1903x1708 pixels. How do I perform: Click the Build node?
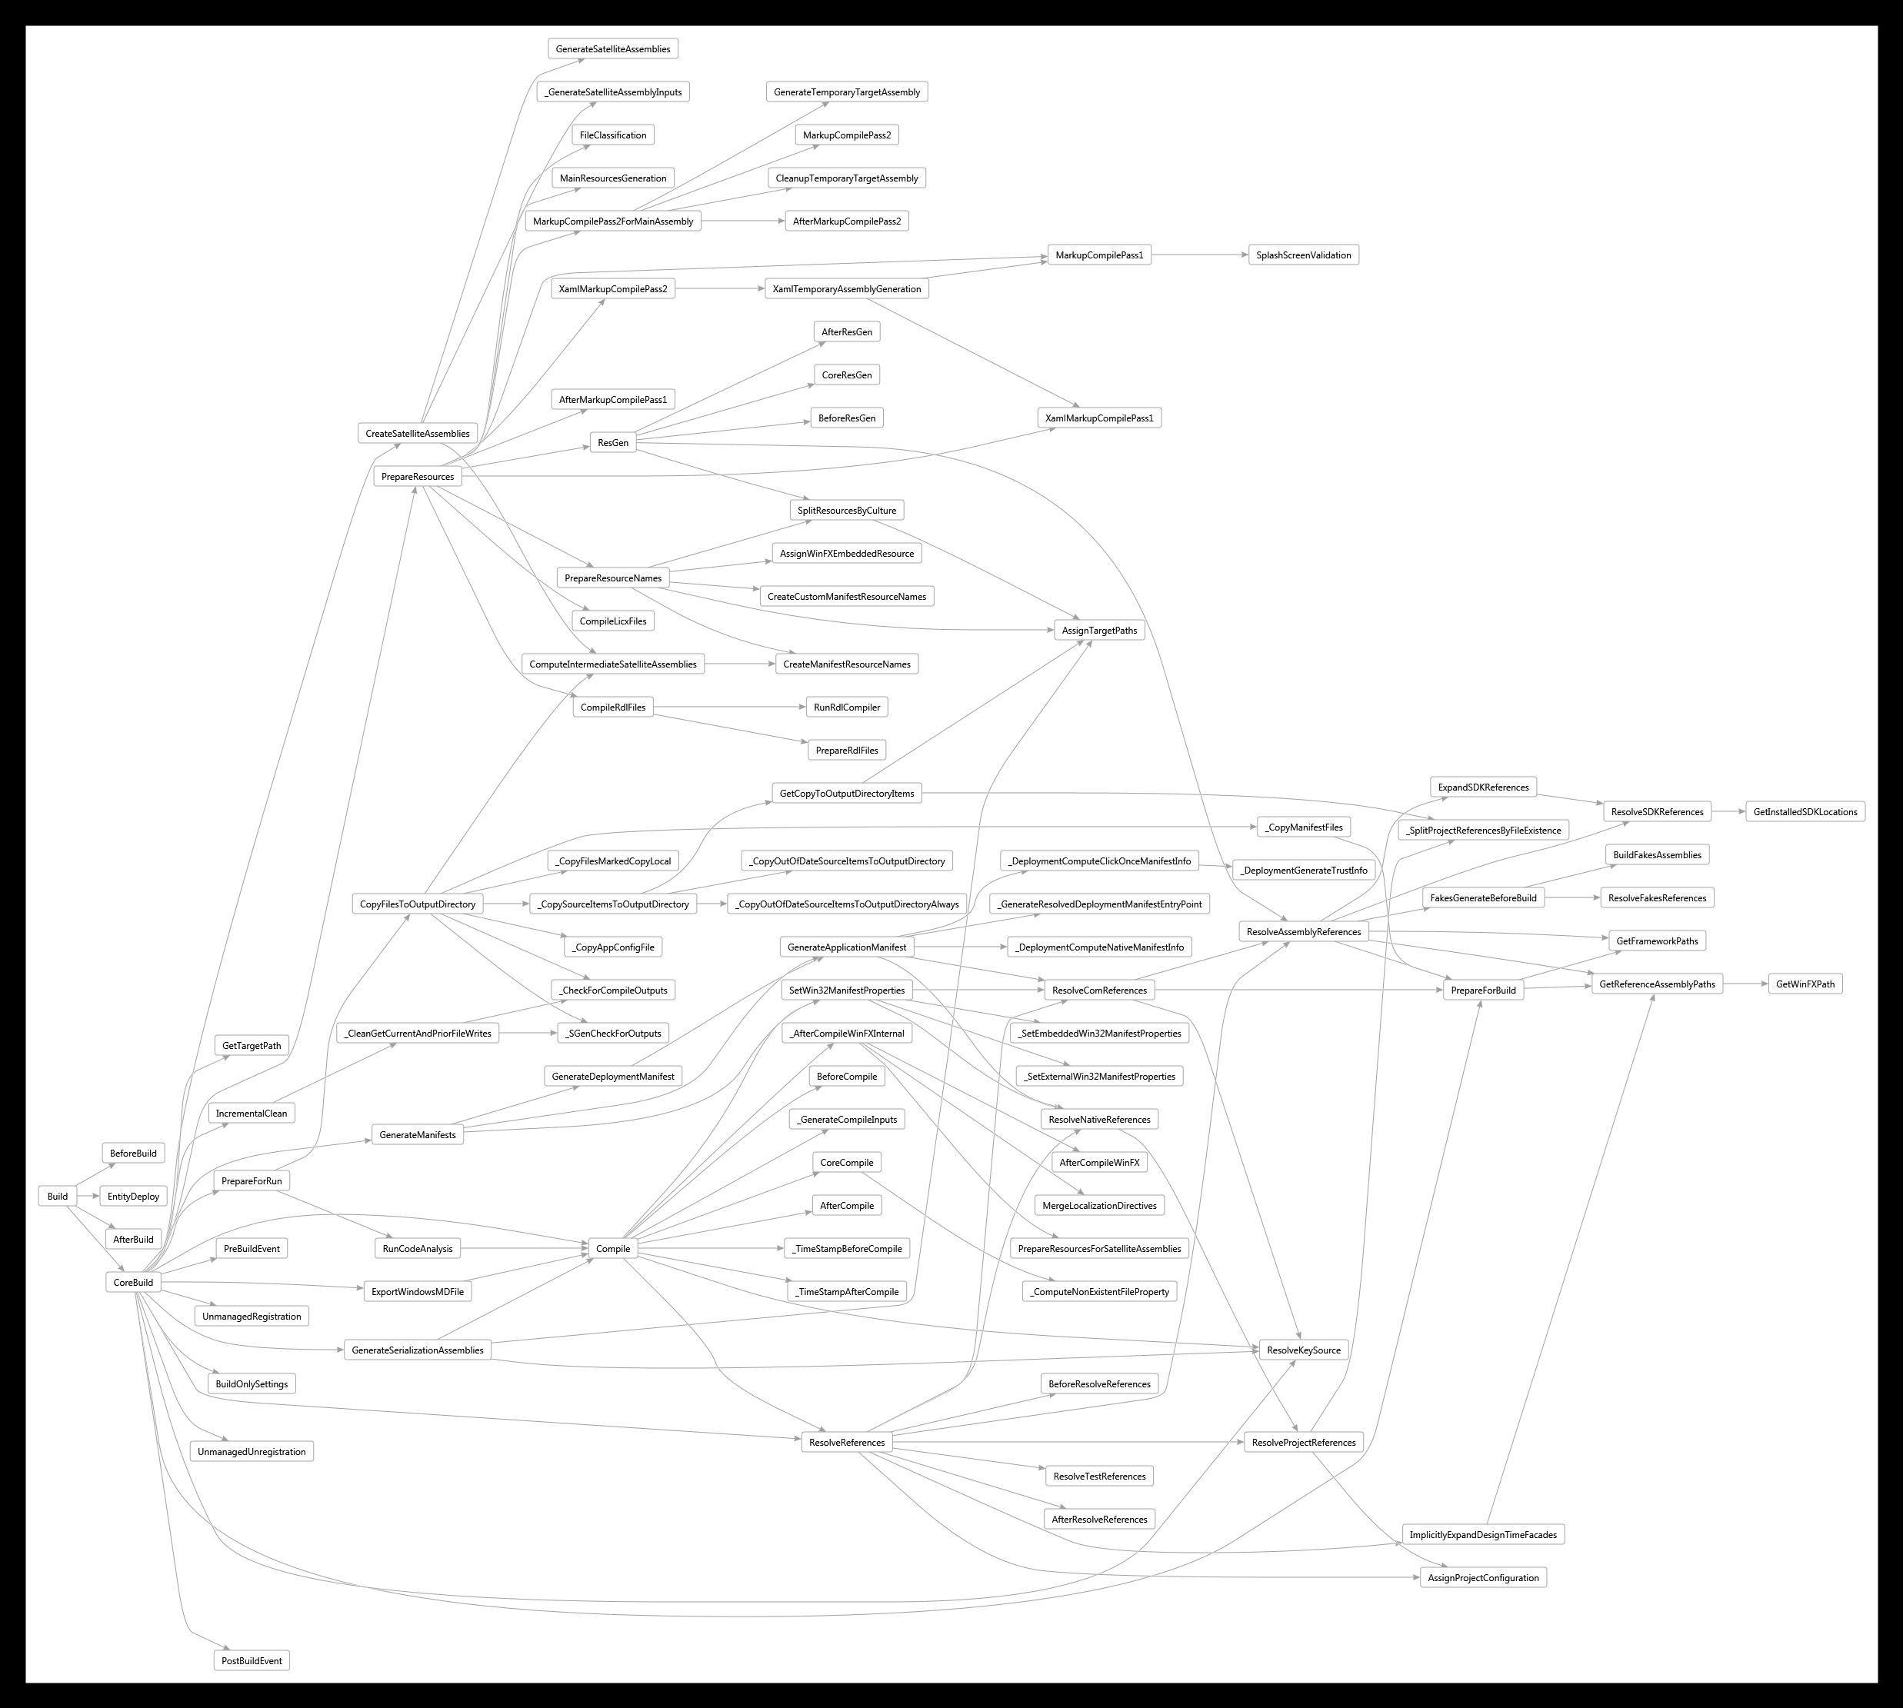57,1196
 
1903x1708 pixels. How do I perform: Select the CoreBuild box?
133,1282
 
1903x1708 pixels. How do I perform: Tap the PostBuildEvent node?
252,1660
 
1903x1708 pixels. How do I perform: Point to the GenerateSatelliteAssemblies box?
613,48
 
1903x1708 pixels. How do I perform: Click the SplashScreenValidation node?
1303,255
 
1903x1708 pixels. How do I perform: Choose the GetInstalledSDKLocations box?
1805,812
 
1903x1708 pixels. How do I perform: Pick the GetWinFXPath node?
1805,984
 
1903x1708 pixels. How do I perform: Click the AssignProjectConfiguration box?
1483,1577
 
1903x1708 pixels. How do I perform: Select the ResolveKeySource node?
1303,1350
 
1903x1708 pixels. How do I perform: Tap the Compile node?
613,1248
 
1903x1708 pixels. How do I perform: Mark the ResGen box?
613,442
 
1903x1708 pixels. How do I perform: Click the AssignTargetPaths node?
1098,631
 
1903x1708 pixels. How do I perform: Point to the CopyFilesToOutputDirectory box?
418,904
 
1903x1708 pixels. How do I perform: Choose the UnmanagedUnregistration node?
252,1451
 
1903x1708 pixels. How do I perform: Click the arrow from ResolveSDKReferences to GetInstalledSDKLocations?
1728,812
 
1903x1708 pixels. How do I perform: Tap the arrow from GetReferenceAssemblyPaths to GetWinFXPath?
1745,984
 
